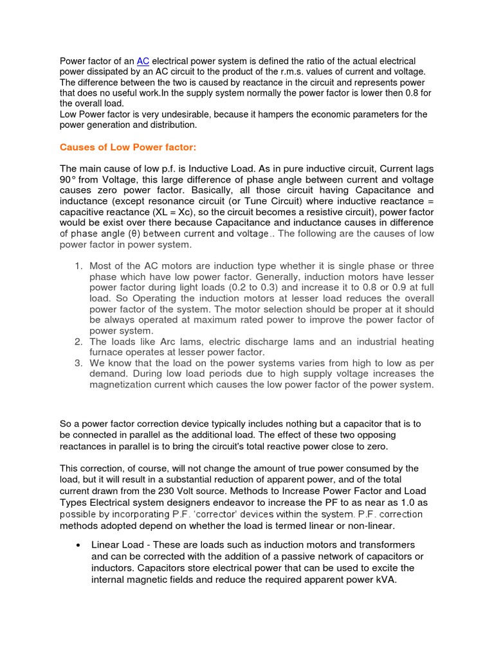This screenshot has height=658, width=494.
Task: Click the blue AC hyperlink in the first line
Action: [x=143, y=61]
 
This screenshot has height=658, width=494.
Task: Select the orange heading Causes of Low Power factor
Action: [x=127, y=147]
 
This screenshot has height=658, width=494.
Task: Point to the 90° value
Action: [x=69, y=180]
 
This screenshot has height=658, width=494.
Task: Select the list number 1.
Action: [x=78, y=266]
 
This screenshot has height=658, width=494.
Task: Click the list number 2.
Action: [x=78, y=342]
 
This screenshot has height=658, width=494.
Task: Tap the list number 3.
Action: [x=78, y=363]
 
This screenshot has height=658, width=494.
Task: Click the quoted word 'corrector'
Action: [x=226, y=514]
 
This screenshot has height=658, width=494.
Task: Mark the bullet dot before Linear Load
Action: [x=78, y=545]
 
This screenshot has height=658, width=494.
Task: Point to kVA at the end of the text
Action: [x=383, y=580]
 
